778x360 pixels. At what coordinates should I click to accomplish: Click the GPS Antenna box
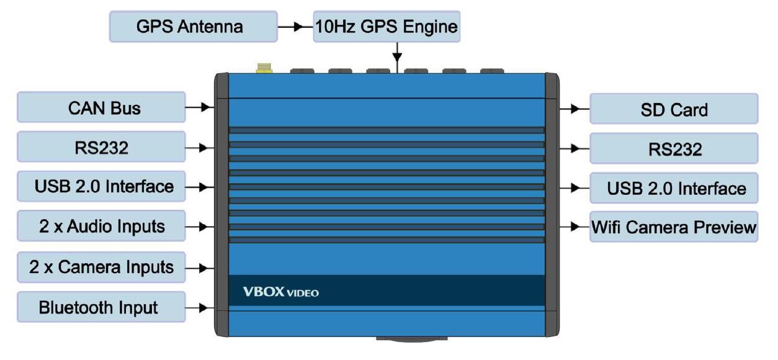[190, 27]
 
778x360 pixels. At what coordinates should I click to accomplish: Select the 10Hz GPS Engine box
[387, 27]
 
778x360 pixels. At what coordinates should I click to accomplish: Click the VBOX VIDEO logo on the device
[280, 292]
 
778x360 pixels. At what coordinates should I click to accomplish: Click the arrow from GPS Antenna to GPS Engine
[295, 27]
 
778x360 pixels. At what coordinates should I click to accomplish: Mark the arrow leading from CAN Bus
[200, 107]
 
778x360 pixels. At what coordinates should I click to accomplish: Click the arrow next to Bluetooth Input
[200, 307]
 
